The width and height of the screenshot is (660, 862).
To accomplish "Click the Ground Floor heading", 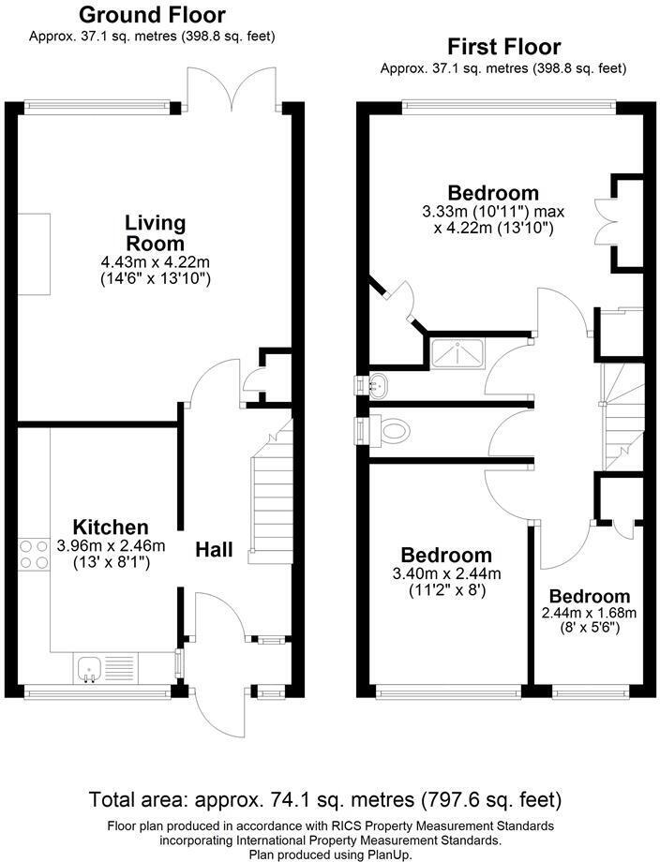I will [151, 15].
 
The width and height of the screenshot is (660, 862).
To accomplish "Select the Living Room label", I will [156, 232].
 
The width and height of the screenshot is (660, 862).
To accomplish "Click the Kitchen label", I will [111, 528].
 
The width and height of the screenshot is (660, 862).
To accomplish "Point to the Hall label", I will [214, 550].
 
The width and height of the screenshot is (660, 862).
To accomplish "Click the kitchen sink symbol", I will [91, 668].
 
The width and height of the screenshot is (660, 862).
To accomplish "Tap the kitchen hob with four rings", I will [34, 554].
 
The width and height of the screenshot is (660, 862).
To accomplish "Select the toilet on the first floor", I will [395, 431].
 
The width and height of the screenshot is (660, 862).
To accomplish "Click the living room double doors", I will [232, 89].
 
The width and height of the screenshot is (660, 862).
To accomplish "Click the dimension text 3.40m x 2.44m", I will [446, 574].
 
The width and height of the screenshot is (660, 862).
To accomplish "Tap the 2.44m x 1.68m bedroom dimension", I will [590, 614].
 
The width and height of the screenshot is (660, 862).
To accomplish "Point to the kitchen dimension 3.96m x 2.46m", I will [111, 545].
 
